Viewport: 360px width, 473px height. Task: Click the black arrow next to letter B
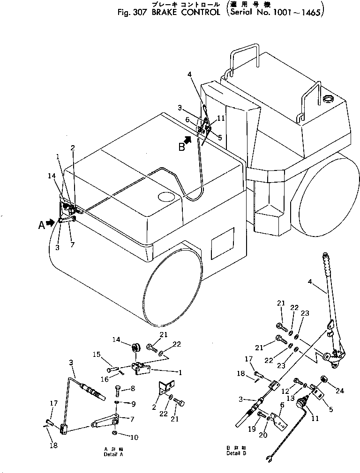point(187,140)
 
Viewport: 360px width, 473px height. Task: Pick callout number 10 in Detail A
point(134,437)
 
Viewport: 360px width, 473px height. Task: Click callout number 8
point(133,388)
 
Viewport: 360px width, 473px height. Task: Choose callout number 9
point(133,403)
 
